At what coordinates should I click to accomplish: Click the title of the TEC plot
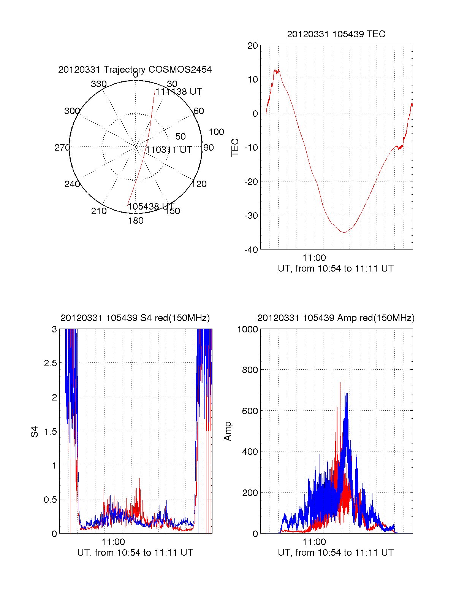(x=336, y=34)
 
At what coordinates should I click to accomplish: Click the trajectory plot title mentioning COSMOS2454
(x=135, y=70)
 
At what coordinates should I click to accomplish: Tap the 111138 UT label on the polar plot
(x=179, y=92)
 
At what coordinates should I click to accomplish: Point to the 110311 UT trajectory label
(x=169, y=150)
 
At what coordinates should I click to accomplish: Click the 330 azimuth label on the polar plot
(x=98, y=84)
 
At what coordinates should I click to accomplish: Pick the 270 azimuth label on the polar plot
(x=62, y=148)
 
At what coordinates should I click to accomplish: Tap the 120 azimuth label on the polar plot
(x=199, y=184)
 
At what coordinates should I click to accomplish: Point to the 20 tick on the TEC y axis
(x=253, y=46)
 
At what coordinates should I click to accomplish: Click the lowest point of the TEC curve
(x=344, y=232)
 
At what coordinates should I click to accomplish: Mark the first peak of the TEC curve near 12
(x=276, y=71)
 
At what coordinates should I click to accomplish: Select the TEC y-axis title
(x=235, y=148)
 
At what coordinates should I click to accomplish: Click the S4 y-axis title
(x=35, y=432)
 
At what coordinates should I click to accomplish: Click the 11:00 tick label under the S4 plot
(x=113, y=542)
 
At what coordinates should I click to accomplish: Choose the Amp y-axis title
(x=228, y=431)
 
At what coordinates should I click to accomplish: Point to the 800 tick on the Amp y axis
(x=250, y=370)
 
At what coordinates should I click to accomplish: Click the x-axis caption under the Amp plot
(x=336, y=553)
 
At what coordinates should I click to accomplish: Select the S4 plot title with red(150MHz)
(x=135, y=318)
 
